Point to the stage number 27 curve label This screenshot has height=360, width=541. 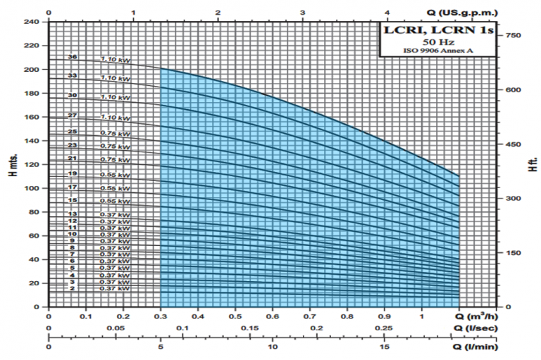[72, 115]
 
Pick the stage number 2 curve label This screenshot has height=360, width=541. [72, 289]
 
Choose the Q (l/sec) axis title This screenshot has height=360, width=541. [476, 328]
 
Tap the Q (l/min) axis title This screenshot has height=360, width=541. [477, 346]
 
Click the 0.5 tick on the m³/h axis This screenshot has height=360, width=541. [235, 318]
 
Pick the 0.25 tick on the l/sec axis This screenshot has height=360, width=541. [385, 328]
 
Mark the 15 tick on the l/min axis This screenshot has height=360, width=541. [385, 346]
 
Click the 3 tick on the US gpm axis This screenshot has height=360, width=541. [303, 13]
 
